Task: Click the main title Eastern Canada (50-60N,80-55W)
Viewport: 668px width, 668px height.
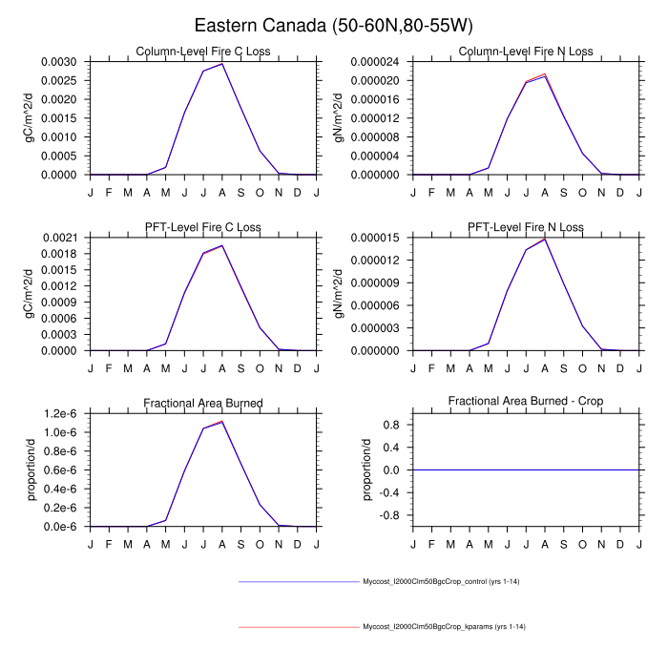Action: pos(333,26)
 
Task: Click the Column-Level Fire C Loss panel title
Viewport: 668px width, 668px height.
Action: pos(202,52)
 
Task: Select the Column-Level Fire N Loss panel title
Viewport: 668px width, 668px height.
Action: pos(526,52)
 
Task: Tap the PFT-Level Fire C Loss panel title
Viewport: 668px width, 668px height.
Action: pos(202,227)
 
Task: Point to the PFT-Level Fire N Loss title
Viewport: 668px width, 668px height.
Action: pos(526,227)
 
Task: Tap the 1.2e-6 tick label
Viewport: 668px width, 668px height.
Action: pos(63,413)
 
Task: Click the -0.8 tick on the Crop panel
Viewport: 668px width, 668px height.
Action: pos(390,515)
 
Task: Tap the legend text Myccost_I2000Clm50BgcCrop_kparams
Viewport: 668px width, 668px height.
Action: pos(445,627)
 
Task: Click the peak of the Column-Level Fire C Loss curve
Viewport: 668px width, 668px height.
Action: pos(221,64)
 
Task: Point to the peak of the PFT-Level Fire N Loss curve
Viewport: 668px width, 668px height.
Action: pos(544,240)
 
